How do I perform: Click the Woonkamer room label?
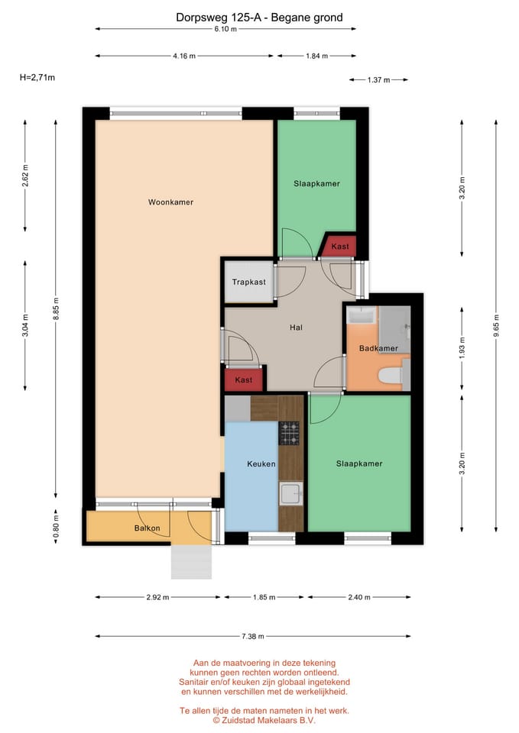[170, 202]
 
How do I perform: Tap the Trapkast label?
[249, 282]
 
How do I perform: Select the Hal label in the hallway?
[296, 328]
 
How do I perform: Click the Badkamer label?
[378, 349]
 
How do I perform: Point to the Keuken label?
[261, 463]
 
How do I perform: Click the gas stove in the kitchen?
[290, 433]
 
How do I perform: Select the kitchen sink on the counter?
[290, 494]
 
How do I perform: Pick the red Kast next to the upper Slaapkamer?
[339, 247]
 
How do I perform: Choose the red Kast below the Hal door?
[244, 379]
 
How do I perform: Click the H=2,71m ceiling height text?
[37, 77]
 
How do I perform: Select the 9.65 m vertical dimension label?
[496, 320]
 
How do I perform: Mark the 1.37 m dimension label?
[378, 79]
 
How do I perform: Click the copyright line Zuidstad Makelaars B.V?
[264, 719]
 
